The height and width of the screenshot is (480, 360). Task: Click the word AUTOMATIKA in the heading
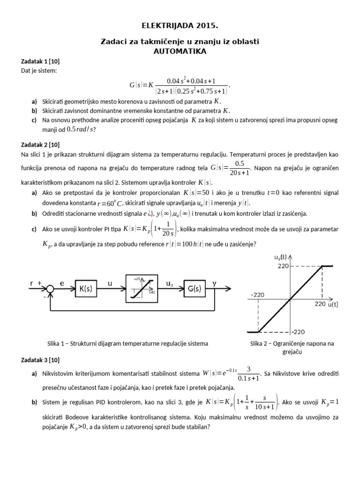tap(180, 51)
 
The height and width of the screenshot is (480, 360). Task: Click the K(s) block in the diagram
tap(85, 289)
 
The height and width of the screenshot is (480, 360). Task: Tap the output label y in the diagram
tap(214, 284)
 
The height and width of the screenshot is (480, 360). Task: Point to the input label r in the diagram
tap(31, 284)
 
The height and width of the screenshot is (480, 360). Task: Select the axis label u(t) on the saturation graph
tap(333, 304)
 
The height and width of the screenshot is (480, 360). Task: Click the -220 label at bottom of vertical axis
tap(299, 332)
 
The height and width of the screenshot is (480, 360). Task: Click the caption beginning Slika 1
tap(127, 344)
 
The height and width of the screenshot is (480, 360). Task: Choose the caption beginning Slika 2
tap(292, 347)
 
